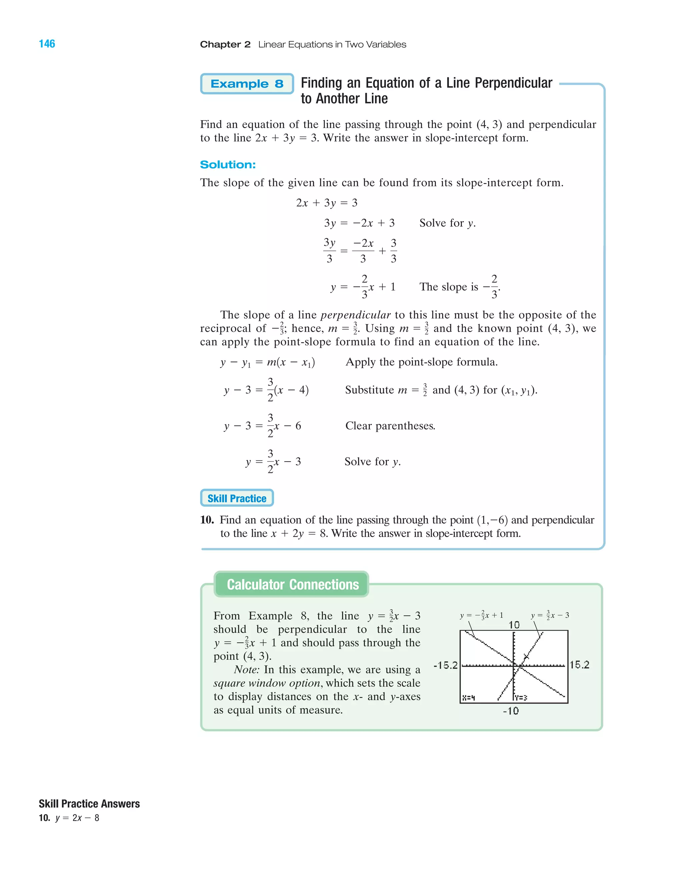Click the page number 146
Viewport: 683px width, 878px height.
(x=47, y=44)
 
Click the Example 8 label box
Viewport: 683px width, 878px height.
(x=247, y=84)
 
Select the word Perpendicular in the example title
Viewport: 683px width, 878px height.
(x=514, y=83)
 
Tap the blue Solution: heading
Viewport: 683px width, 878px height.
(x=228, y=165)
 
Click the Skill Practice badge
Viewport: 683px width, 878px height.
(x=237, y=498)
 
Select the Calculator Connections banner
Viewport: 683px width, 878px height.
(x=292, y=584)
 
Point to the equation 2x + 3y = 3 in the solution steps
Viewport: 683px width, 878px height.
(x=326, y=203)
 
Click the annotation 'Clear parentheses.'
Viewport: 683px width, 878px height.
(x=390, y=426)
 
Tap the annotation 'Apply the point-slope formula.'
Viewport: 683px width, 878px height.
(x=422, y=362)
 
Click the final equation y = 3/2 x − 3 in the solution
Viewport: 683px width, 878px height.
(x=273, y=462)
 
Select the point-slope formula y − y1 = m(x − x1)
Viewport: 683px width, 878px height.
(x=267, y=362)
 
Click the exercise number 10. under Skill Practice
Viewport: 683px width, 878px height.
(x=207, y=520)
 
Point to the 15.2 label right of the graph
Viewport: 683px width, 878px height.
(x=579, y=665)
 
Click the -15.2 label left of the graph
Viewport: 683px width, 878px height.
(x=446, y=665)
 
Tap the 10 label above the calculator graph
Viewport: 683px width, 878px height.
(x=514, y=625)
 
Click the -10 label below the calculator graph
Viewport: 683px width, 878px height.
(x=511, y=711)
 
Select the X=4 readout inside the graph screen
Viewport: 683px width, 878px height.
(x=469, y=698)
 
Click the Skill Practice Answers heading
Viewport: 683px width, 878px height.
(x=89, y=804)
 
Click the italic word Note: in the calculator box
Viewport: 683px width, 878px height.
(x=247, y=670)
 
